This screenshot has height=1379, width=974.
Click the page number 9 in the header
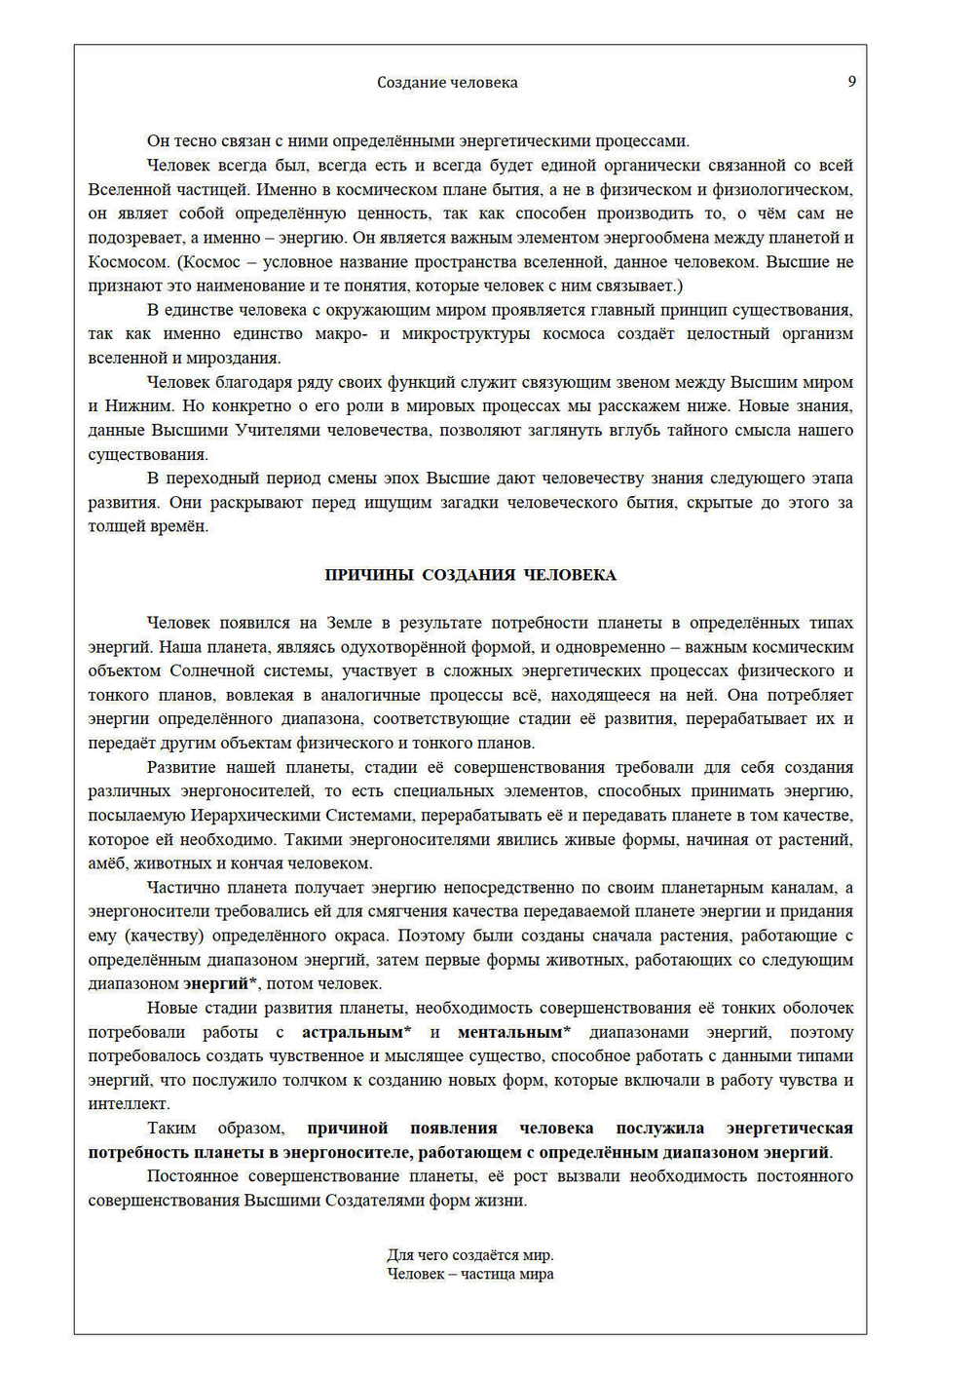tap(851, 82)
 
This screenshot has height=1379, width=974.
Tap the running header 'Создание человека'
tap(447, 83)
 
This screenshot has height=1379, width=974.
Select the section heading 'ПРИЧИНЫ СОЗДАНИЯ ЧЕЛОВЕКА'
tap(470, 575)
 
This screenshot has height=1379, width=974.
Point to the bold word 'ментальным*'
tap(514, 1032)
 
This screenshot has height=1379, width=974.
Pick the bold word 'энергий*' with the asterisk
tap(221, 983)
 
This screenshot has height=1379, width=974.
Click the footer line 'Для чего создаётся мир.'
tap(470, 1255)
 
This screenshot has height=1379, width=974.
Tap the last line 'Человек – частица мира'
tap(470, 1274)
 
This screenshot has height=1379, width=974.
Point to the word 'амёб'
tap(106, 863)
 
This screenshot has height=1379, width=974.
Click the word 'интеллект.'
tap(129, 1104)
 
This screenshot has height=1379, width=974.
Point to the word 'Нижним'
tap(145, 406)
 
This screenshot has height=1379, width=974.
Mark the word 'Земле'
tap(349, 623)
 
